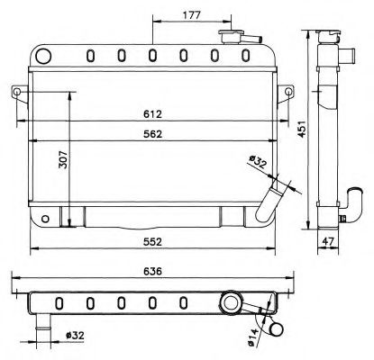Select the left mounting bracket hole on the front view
point(18,91)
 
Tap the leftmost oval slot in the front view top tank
point(90,56)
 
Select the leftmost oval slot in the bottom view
point(59,301)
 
